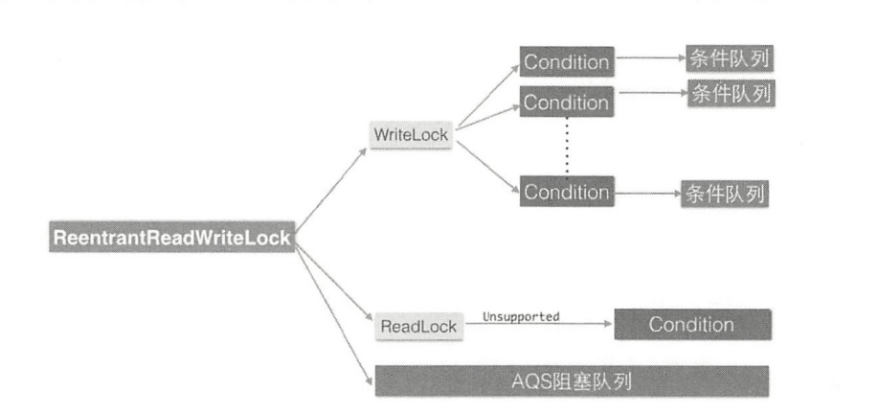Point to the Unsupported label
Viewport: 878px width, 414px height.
(521, 315)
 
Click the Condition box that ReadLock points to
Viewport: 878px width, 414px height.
(691, 324)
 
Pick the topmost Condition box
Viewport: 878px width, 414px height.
(566, 62)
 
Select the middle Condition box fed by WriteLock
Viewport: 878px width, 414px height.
(566, 102)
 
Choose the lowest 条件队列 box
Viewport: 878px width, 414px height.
(724, 194)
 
